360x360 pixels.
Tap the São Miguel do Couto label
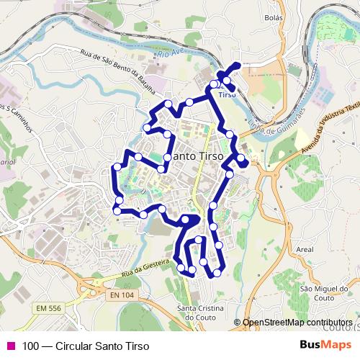pos(315,293)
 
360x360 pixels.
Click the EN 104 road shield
pos(122,295)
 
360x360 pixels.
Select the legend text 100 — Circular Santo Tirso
pos(86,346)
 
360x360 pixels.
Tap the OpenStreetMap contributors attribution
pos(297,323)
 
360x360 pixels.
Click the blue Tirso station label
pos(226,94)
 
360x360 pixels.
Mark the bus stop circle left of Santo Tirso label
pos(167,156)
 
